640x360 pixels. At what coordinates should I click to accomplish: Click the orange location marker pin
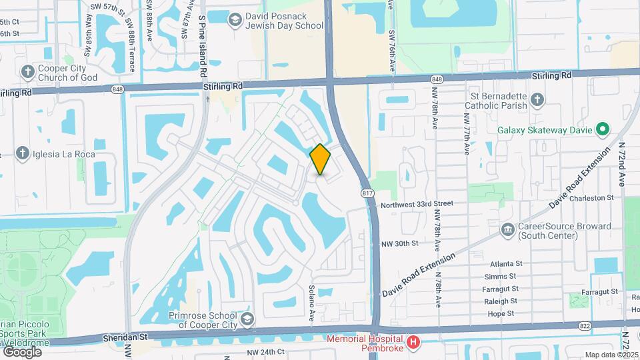pos(321,159)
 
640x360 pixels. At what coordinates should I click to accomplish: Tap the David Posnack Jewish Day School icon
pos(235,21)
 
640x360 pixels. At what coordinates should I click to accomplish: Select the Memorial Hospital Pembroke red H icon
pos(413,343)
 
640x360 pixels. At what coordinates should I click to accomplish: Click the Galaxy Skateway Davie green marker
pos(602,129)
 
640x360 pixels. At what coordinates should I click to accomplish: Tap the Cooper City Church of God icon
pos(27,72)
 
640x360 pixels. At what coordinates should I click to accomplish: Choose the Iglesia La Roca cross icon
pos(22,154)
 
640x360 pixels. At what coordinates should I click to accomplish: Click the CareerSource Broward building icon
pos(507,230)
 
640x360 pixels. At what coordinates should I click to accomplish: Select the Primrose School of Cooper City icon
pos(248,318)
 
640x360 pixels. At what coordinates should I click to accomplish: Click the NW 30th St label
pos(401,243)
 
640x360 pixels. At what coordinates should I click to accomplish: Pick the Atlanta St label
pos(505,264)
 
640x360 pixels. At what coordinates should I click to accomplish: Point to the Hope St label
pos(501,313)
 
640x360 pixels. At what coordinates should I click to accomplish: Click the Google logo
pos(22,351)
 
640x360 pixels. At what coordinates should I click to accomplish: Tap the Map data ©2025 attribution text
pos(611,355)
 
